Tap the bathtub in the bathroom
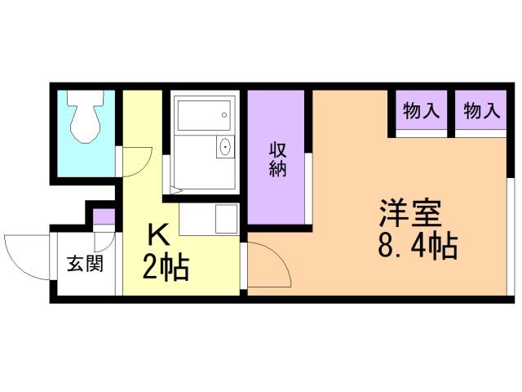[x=200, y=118]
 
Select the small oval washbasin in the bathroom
[x=224, y=148]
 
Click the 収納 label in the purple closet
[x=277, y=159]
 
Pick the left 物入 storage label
[x=422, y=111]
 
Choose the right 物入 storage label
[x=480, y=111]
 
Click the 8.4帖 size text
[x=417, y=245]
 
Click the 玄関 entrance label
[x=84, y=265]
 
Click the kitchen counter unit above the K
[x=207, y=218]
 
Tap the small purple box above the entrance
[x=104, y=216]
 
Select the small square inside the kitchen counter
[x=223, y=218]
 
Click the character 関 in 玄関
[x=95, y=265]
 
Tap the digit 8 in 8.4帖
[x=386, y=245]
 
